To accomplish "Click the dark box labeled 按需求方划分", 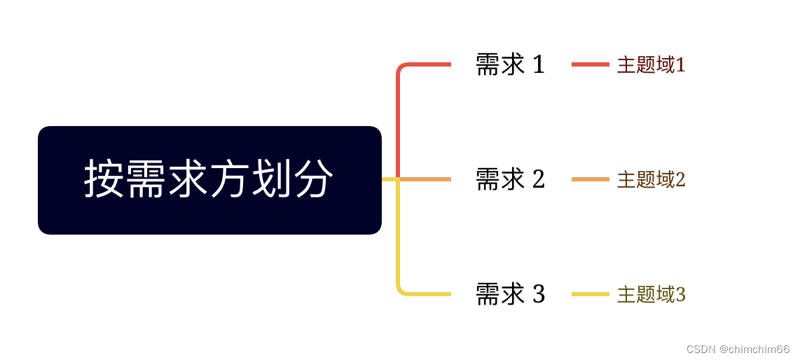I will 209,180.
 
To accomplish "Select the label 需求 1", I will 510,64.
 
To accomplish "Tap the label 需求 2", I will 510,179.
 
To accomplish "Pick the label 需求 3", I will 510,294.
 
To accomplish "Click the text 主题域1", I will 651,65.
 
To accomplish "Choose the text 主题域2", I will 651,180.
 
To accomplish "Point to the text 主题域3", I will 651,295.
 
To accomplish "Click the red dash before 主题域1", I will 590,64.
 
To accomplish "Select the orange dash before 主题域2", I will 590,179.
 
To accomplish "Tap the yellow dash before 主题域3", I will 590,294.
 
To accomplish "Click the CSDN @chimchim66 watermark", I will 738,349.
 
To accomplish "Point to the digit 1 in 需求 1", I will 538,64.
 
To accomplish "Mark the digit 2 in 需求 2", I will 538,179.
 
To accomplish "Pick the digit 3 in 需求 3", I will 538,294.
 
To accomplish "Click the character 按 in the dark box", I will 104,179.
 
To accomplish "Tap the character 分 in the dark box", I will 313,179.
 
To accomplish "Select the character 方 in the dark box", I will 230,179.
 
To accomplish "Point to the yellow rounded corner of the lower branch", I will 401,291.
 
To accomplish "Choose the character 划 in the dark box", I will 272,179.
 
